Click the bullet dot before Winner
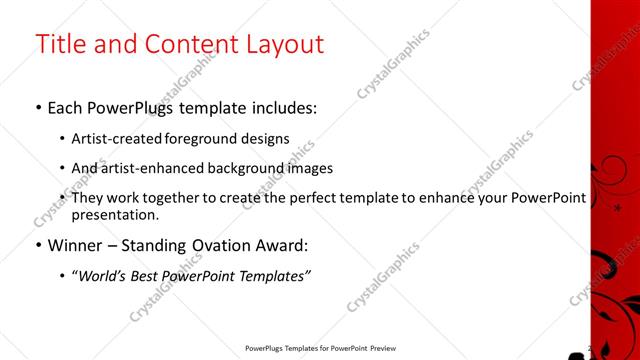tap(38, 245)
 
